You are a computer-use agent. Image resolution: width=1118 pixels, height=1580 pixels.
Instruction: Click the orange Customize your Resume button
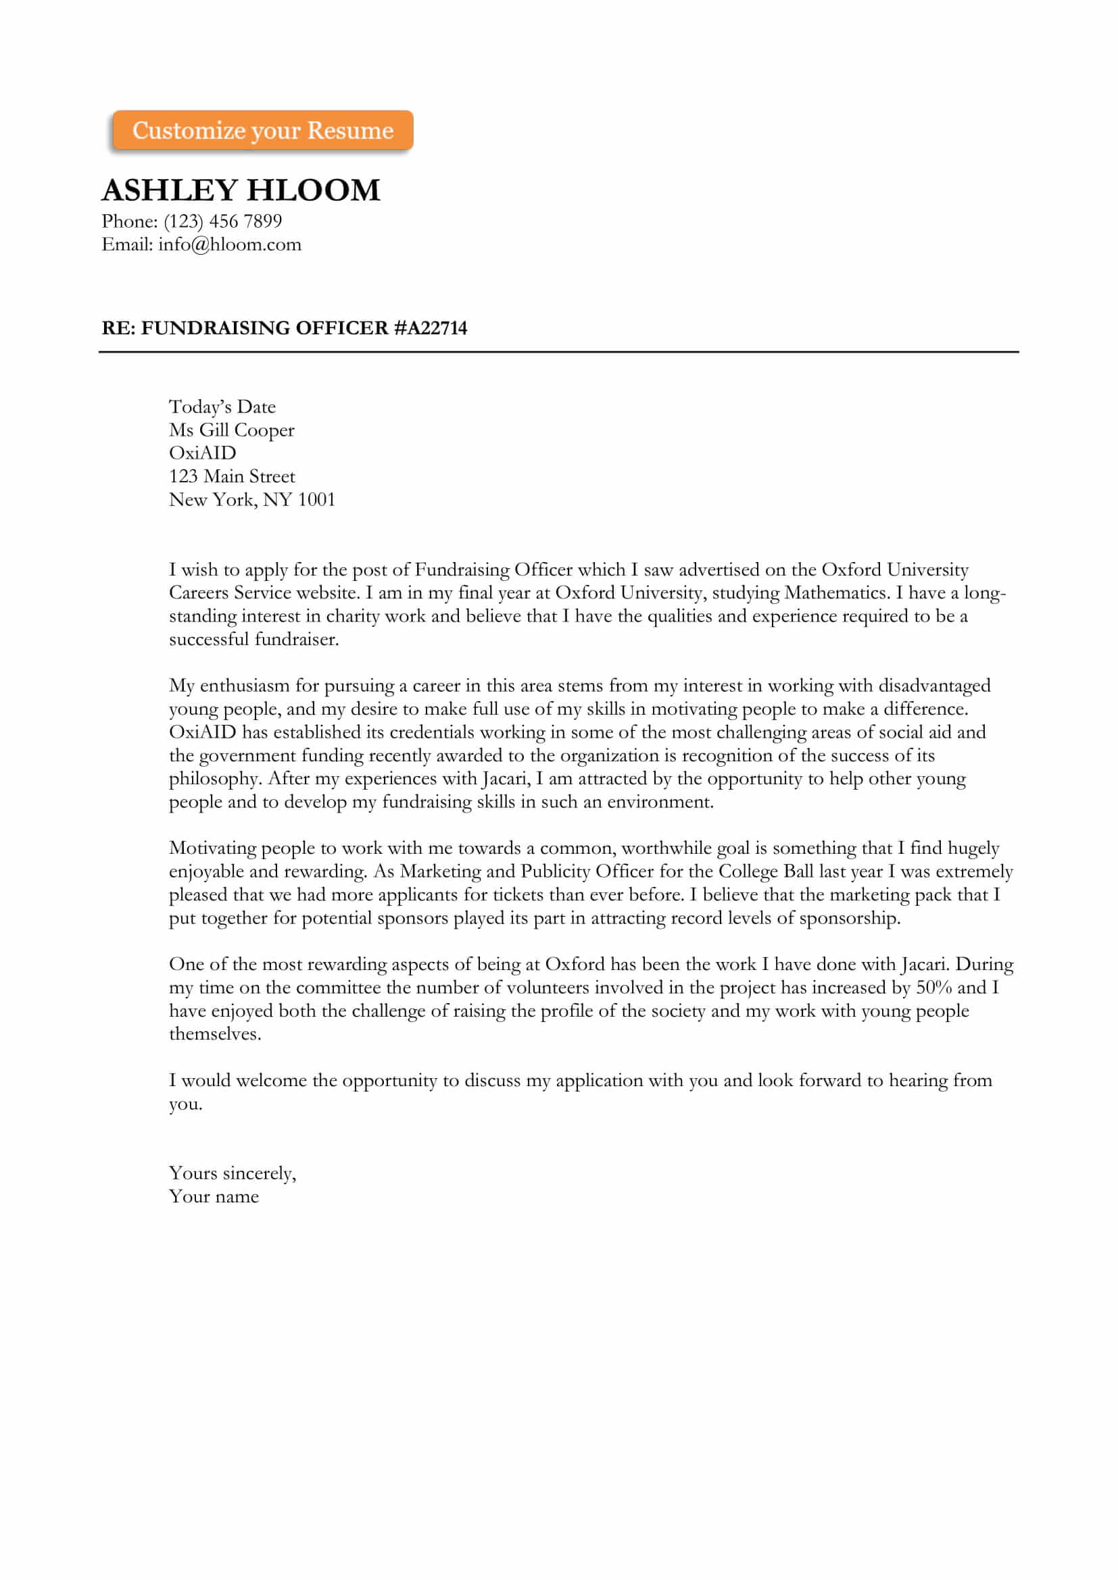(262, 130)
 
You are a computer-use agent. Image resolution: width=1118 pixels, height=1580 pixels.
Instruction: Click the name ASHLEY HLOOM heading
(241, 190)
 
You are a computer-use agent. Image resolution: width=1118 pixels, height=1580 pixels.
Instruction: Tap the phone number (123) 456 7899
(223, 222)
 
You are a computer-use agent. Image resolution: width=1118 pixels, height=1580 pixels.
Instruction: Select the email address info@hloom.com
(229, 245)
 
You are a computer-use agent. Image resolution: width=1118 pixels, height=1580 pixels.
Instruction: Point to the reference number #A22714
(431, 328)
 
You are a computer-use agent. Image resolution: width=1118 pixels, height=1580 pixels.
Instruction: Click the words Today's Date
(222, 407)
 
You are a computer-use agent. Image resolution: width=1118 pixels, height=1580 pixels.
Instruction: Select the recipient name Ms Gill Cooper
(231, 431)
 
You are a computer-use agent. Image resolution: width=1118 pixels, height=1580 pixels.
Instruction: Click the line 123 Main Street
(231, 477)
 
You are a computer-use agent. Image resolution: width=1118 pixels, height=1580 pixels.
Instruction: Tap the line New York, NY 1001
(252, 501)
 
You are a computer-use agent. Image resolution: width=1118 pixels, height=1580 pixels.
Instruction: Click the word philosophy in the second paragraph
(215, 779)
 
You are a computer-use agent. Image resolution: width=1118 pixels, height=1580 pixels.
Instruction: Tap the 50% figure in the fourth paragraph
(933, 988)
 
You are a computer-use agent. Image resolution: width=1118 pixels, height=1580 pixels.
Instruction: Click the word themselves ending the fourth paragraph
(215, 1034)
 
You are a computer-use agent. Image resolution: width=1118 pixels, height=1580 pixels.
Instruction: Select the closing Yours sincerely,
(233, 1173)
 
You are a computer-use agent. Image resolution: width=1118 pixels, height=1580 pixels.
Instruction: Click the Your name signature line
(214, 1197)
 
